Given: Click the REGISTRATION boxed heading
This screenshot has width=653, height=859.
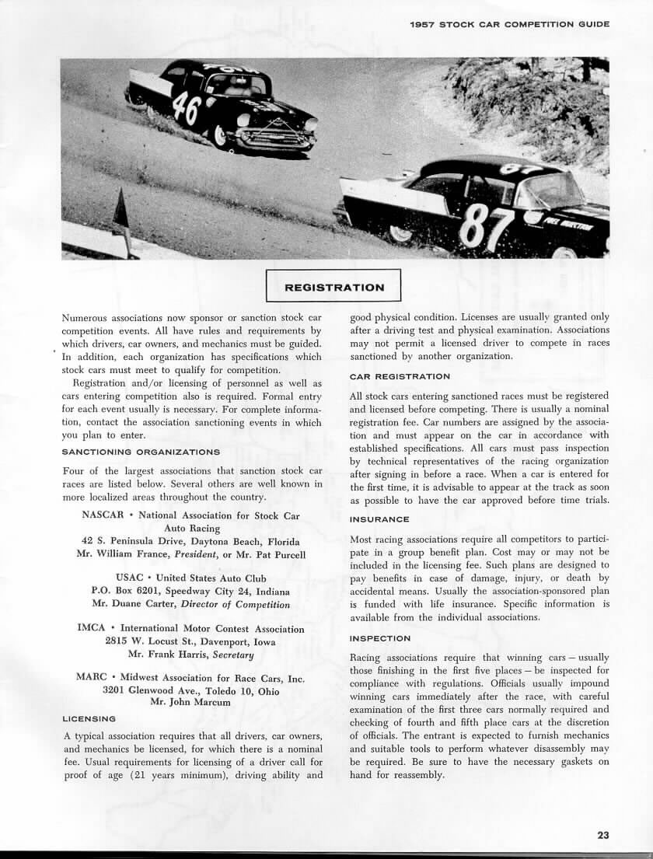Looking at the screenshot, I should point(333,287).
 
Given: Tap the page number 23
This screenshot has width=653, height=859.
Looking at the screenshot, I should point(603,835).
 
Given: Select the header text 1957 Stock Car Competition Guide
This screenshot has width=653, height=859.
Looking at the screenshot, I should point(509,24).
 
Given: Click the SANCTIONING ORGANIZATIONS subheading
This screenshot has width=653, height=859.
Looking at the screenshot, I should point(141,452).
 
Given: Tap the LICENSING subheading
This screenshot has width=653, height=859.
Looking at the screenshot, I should point(89,718).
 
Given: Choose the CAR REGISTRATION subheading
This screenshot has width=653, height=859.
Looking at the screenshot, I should point(400,376).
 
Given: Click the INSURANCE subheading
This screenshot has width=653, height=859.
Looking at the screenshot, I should point(379,519).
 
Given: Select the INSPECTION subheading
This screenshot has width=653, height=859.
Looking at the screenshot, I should point(380,638).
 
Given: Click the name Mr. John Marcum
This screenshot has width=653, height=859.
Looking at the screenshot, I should point(190,702).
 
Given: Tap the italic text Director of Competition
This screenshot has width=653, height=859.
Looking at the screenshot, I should point(235,604).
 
